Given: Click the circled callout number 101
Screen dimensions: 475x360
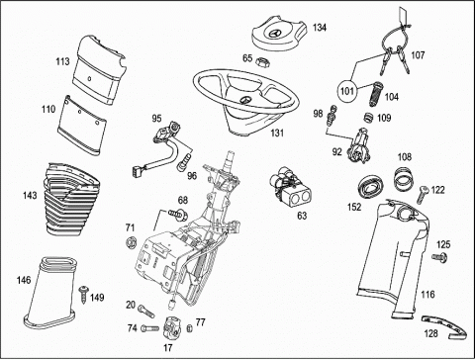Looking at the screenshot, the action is tap(346, 90).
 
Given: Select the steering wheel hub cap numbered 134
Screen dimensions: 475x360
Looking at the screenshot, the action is tap(279, 36).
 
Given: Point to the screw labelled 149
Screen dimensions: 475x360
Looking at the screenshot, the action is tap(83, 294).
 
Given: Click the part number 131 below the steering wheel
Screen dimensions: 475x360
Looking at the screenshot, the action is tap(277, 133).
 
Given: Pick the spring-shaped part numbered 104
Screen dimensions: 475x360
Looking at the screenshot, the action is tap(375, 94).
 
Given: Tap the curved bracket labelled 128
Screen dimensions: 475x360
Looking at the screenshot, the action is tap(444, 327).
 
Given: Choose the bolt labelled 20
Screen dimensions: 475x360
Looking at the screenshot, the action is tap(145, 311).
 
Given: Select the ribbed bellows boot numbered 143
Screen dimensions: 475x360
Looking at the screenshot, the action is tap(70, 199).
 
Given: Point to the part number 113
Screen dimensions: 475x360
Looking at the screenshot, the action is tap(62, 61).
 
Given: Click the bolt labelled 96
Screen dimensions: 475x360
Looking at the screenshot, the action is tap(184, 163).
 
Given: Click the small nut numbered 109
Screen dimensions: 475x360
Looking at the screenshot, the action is tap(368, 118).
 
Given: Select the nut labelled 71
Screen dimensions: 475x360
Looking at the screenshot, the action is tap(132, 242).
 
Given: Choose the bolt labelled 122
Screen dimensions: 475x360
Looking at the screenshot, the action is tap(422, 195).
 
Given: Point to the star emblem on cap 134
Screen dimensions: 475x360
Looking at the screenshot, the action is tap(276, 34).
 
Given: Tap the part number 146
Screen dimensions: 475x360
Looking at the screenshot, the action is tap(24, 280).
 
